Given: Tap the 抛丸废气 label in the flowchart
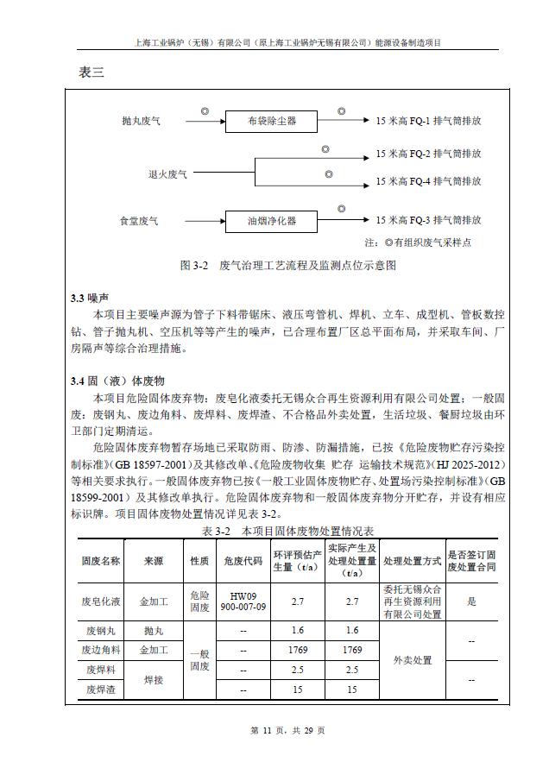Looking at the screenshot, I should (141, 122).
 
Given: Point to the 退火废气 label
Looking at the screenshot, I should (167, 175).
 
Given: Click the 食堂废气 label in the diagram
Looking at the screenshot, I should (139, 222).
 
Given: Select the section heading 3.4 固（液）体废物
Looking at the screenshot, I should (117, 381).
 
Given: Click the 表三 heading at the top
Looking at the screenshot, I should (91, 72).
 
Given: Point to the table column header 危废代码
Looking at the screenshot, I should (243, 561).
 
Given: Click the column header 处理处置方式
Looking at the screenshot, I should (412, 561).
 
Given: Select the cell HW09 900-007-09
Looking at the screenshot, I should (243, 601).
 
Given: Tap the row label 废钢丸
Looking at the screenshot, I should (100, 631).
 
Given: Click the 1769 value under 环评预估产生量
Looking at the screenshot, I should (298, 650).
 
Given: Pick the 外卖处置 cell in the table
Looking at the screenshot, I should (412, 659).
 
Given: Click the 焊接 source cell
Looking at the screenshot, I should (153, 679).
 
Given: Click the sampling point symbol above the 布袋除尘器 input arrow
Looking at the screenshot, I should (205, 111).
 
